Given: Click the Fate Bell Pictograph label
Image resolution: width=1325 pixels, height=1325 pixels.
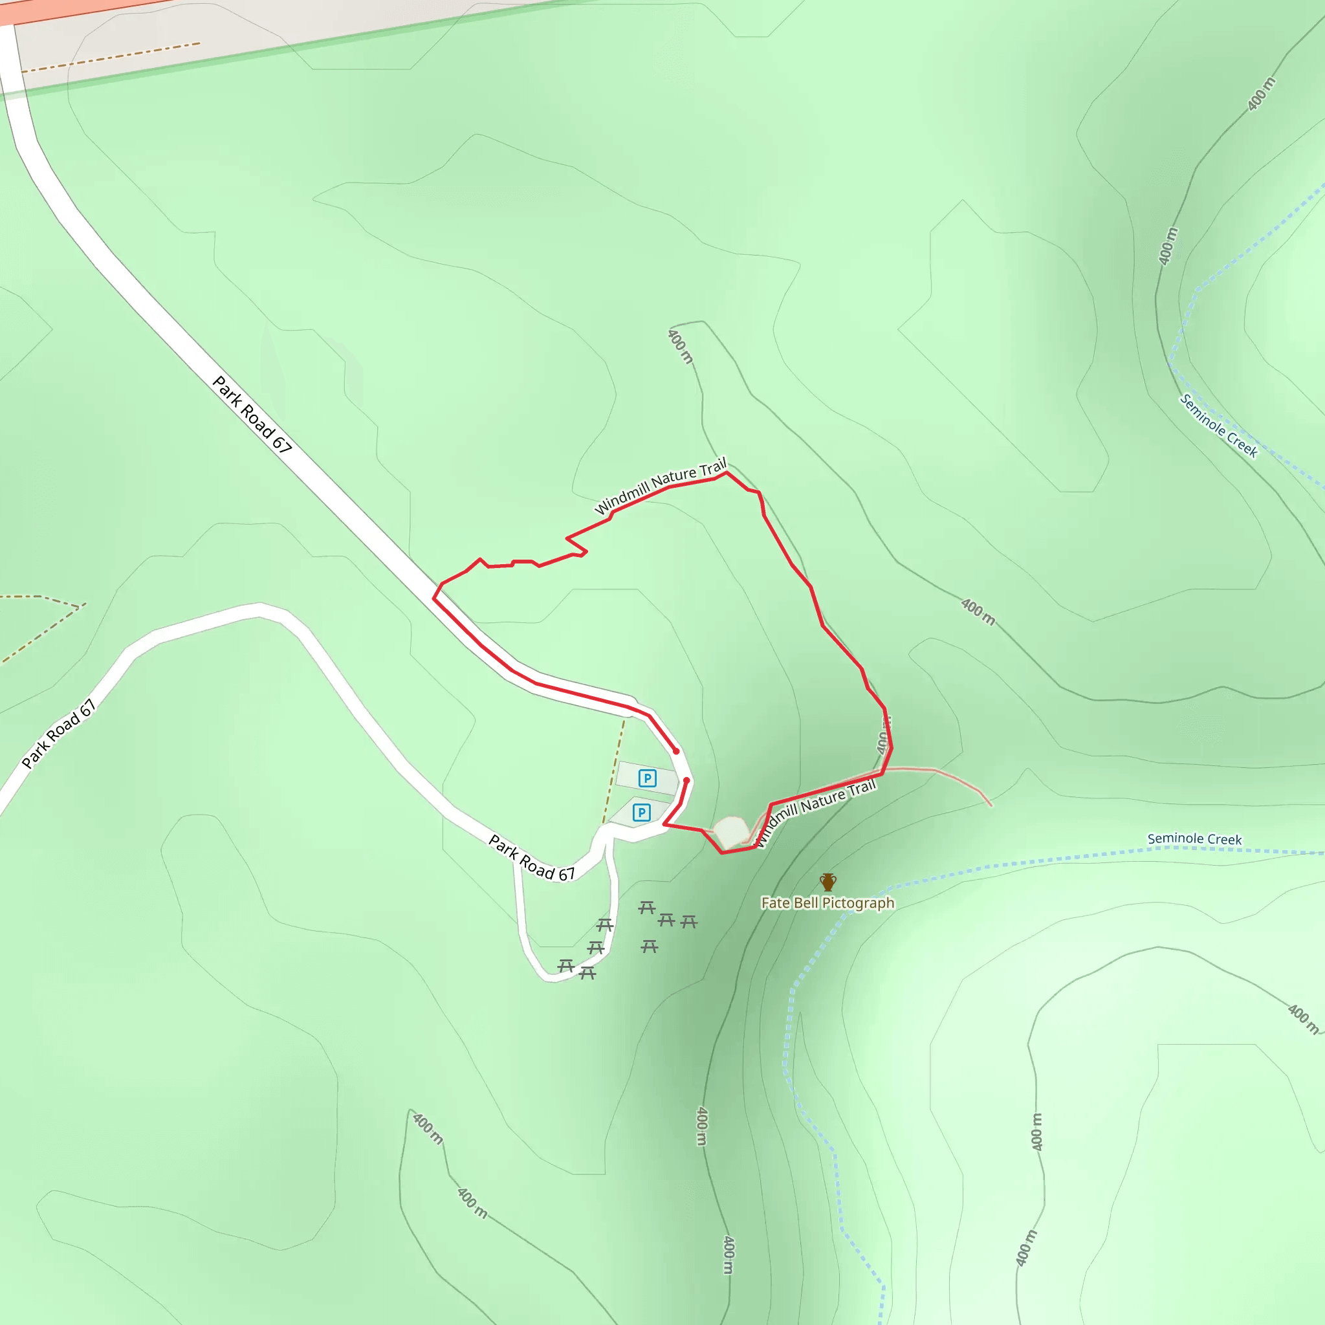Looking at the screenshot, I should [827, 903].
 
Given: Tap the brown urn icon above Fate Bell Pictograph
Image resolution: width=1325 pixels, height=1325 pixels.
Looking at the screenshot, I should [827, 882].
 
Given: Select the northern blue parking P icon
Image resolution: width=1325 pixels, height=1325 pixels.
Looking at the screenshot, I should [647, 778].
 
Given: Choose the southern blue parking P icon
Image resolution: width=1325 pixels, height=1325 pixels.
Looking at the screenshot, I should [641, 813].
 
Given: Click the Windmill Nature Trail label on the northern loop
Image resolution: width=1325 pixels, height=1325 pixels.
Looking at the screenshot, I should [660, 487].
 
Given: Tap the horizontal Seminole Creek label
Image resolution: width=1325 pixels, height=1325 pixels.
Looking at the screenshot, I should [1194, 838].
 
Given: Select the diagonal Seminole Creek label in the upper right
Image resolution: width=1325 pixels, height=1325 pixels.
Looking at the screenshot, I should [1218, 426].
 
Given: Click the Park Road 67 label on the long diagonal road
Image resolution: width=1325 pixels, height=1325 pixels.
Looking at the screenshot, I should [252, 414].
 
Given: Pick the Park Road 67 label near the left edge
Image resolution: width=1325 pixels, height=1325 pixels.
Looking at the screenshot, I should [58, 734].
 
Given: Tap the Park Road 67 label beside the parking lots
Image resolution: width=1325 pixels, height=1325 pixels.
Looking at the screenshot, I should [532, 857].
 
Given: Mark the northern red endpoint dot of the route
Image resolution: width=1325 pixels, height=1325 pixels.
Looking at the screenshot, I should [675, 751].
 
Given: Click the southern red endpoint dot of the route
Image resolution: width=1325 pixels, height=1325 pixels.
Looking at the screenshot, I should [686, 780].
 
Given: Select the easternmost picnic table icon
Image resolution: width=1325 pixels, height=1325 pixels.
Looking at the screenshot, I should [688, 922].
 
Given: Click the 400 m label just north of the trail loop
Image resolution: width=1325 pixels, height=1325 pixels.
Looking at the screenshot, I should [681, 347].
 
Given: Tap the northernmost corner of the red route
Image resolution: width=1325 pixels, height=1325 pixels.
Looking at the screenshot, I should [727, 472].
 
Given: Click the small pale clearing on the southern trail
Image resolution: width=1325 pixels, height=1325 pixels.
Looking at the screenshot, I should [731, 832].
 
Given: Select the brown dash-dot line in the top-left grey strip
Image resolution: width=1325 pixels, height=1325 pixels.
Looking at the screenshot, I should [110, 58].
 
